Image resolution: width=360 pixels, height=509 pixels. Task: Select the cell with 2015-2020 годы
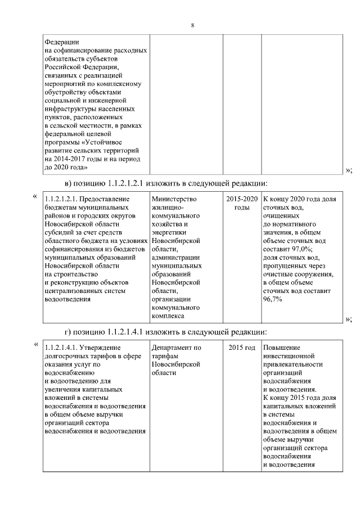point(242,203)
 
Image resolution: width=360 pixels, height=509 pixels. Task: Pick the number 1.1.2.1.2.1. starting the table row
point(60,199)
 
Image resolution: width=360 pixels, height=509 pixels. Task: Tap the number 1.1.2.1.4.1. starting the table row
point(60,348)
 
